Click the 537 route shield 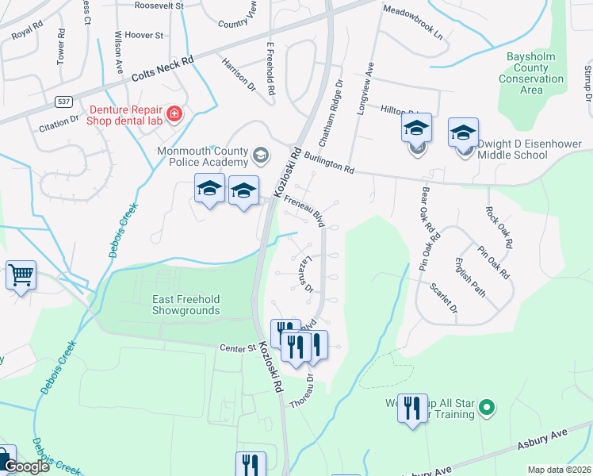[64, 102]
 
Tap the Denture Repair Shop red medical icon [174, 113]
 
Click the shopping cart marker [21, 275]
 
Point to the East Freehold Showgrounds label [186, 305]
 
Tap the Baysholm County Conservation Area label [531, 74]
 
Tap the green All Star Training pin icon [487, 409]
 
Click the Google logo [27, 466]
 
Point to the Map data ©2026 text [559, 470]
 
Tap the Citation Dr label [59, 122]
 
